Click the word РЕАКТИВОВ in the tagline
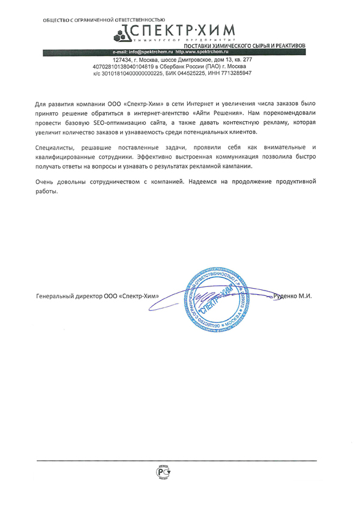pos(286,46)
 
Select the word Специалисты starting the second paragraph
pos(57,147)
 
